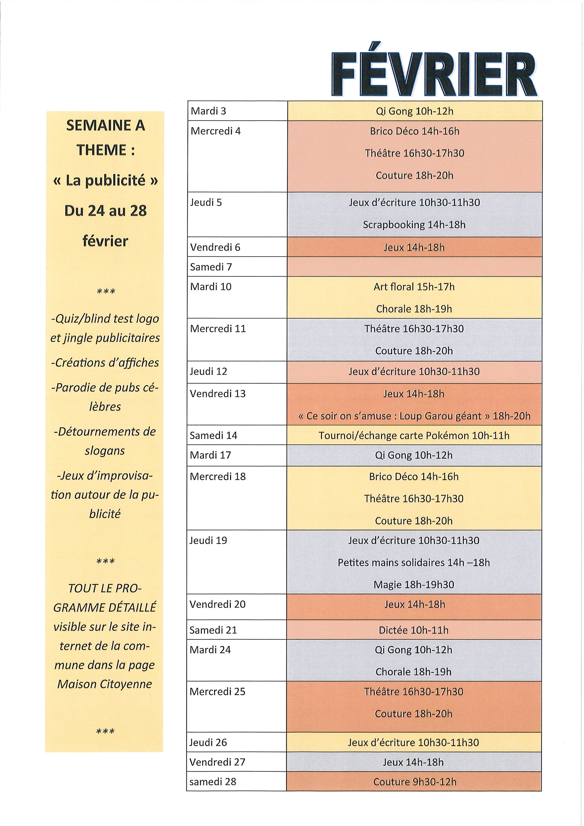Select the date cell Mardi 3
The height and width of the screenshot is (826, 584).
pyautogui.click(x=208, y=111)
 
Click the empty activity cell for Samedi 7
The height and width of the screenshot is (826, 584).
pyautogui.click(x=414, y=267)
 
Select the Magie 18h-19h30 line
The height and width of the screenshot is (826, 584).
pyautogui.click(x=414, y=585)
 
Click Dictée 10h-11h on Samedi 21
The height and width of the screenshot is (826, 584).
pyautogui.click(x=414, y=630)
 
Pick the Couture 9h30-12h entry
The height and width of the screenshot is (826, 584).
pyautogui.click(x=414, y=782)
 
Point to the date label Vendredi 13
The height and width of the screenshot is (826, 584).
pyautogui.click(x=218, y=393)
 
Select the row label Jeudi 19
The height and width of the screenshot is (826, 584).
pyautogui.click(x=208, y=540)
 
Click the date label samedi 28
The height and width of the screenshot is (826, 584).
pyautogui.click(x=213, y=782)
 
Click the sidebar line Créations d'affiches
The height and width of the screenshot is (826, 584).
pyautogui.click(x=105, y=363)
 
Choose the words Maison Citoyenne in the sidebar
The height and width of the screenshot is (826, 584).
pyautogui.click(x=105, y=684)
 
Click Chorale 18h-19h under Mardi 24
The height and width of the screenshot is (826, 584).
pyautogui.click(x=414, y=672)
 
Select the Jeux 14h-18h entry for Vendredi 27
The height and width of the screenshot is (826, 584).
pyautogui.click(x=414, y=762)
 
